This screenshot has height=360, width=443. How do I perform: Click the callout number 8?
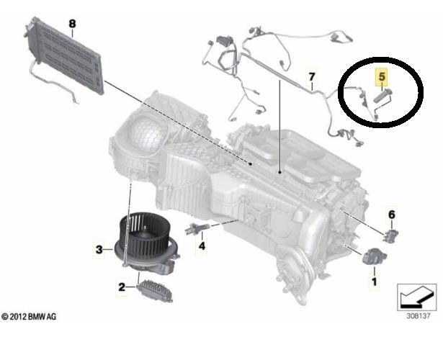(x=72, y=24)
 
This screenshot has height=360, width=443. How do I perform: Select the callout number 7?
(x=312, y=76)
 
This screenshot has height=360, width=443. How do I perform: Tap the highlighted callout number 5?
(x=382, y=76)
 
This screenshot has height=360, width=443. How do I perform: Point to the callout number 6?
(x=391, y=215)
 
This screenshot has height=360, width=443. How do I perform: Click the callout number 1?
(x=375, y=282)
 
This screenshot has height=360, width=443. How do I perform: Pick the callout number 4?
(x=202, y=246)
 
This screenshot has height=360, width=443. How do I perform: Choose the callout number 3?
(x=99, y=250)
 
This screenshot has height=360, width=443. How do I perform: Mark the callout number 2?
(x=122, y=287)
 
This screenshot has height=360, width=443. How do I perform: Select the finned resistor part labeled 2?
(x=155, y=291)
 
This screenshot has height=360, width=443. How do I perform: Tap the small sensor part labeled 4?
(x=196, y=228)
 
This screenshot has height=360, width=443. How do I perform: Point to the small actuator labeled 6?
(x=391, y=235)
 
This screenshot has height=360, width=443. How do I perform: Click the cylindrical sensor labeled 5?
(x=382, y=96)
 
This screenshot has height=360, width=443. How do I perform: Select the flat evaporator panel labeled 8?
(x=63, y=55)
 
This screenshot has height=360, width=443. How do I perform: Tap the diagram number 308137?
(x=418, y=315)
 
